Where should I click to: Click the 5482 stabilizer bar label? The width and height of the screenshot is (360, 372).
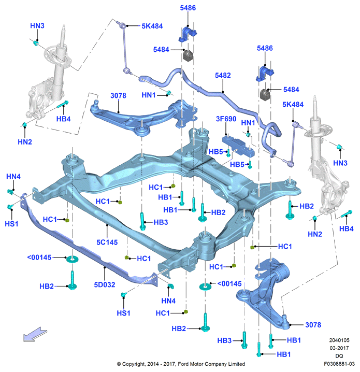pyautogui.click(x=223, y=76)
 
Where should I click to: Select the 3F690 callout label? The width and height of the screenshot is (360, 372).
pyautogui.click(x=226, y=119)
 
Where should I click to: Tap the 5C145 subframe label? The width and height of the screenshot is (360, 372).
pyautogui.click(x=107, y=242)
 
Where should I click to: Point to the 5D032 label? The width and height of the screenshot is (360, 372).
pyautogui.click(x=105, y=284)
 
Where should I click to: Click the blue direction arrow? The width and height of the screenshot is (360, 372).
pyautogui.click(x=35, y=334)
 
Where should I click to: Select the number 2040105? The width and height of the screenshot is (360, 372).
pyautogui.click(x=339, y=340)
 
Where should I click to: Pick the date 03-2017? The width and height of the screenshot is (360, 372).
pyautogui.click(x=339, y=348)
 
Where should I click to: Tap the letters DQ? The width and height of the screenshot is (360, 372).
pyautogui.click(x=339, y=356)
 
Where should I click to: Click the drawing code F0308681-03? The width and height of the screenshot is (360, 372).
pyautogui.click(x=339, y=364)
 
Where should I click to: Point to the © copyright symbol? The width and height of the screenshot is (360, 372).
pyautogui.click(x=119, y=364)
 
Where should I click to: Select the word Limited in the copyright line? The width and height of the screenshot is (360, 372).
pyautogui.click(x=236, y=364)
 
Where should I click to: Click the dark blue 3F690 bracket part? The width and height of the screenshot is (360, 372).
pyautogui.click(x=238, y=145)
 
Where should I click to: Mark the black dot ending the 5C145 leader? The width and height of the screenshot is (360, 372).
pyautogui.click(x=107, y=225)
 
